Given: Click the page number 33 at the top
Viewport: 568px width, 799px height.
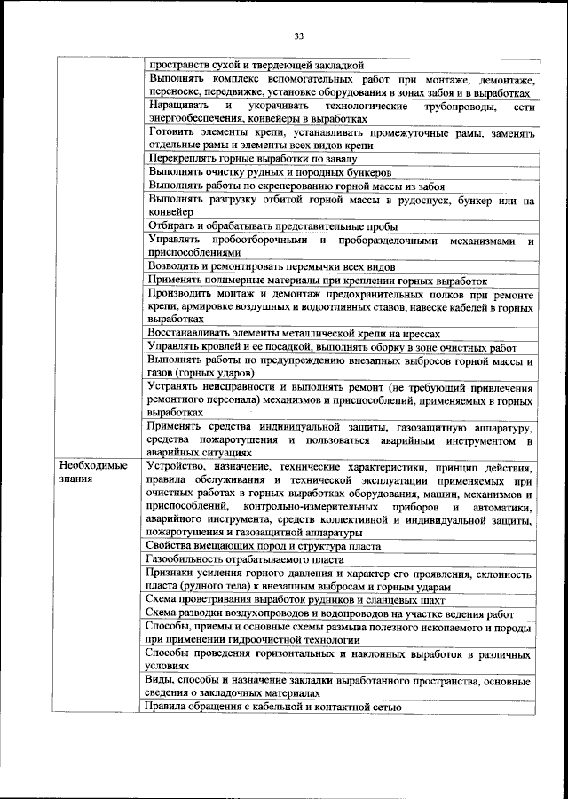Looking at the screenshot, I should click(299, 36).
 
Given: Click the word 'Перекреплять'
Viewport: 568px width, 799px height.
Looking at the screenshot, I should click(181, 159).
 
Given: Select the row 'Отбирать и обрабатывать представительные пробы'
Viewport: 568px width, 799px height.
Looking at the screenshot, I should click(272, 226).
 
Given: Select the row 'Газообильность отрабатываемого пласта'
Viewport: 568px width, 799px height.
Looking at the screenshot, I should click(244, 559).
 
